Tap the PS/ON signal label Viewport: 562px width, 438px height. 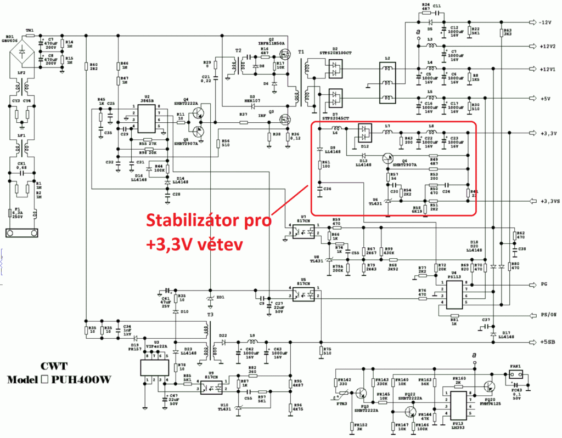(546, 316)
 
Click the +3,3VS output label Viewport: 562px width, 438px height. (547, 201)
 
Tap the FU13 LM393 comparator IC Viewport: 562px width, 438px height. (457, 405)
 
